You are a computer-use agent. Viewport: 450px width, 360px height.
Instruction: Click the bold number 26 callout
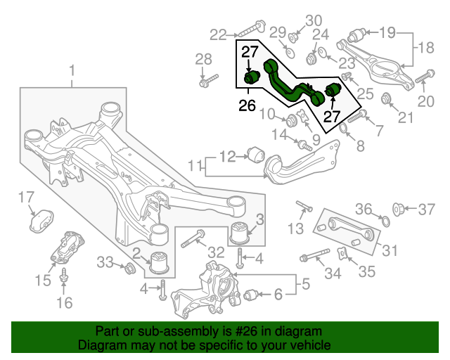coord(247,105)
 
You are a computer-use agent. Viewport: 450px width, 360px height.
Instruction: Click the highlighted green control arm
coord(292,83)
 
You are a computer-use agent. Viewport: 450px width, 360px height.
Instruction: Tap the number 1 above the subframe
coord(72,70)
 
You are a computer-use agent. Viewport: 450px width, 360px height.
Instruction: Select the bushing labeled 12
coord(256,155)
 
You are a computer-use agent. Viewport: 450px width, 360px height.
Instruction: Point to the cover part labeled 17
coord(42,221)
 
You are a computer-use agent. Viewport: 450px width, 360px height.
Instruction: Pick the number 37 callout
coord(427,210)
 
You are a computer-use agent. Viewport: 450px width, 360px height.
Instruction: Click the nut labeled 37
coord(398,208)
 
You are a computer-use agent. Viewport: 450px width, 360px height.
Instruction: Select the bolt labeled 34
coord(314,255)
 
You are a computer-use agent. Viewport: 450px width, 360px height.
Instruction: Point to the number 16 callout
coord(64,302)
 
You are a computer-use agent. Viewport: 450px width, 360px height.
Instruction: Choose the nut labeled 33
coord(129,268)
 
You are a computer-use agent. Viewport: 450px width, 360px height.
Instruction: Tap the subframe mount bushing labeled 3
coord(240,233)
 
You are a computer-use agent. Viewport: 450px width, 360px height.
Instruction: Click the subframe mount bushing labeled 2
coord(160,262)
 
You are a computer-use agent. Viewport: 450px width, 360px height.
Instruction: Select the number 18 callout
coord(426,48)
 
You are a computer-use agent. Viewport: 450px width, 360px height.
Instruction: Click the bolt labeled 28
coord(209,81)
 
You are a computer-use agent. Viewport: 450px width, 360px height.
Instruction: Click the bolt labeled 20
coord(425,77)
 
